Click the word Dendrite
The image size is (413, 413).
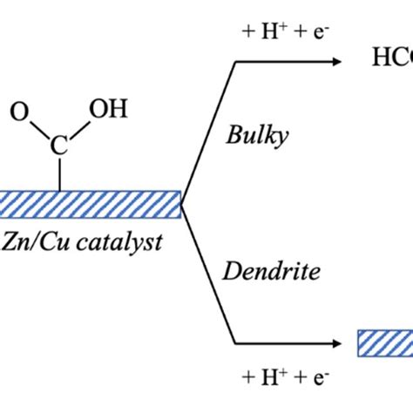[x=271, y=271]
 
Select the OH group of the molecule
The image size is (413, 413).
[x=110, y=110]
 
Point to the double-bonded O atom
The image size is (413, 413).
[x=17, y=112]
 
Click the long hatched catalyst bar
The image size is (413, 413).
[x=87, y=204]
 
